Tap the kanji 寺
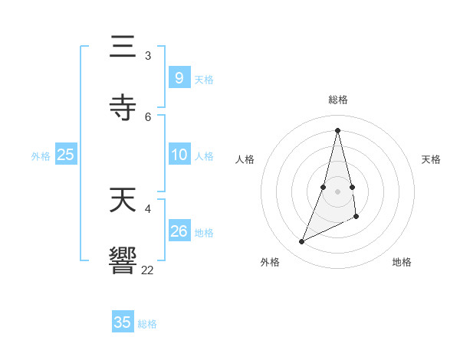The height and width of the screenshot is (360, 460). click(123, 107)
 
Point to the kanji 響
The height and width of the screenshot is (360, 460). click(123, 260)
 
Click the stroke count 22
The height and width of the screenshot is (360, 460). click(148, 270)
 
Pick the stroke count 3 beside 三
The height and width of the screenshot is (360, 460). click(148, 56)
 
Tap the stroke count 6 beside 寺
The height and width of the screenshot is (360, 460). click(148, 116)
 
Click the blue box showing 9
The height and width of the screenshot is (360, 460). click(179, 78)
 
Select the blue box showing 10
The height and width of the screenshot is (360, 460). click(179, 155)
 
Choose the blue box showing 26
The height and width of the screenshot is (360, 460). click(179, 231)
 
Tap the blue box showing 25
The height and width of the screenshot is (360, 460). click(65, 155)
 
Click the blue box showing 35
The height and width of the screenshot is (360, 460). click(123, 322)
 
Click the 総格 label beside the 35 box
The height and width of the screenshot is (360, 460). click(147, 324)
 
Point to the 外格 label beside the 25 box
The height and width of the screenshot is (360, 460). click(41, 156)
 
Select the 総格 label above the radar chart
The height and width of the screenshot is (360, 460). click(338, 100)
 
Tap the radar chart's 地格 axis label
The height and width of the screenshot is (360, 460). click(402, 262)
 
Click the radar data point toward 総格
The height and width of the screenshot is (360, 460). click(337, 129)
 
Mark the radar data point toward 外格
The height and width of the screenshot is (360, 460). click(301, 242)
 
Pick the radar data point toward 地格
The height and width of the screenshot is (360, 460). click(356, 217)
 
